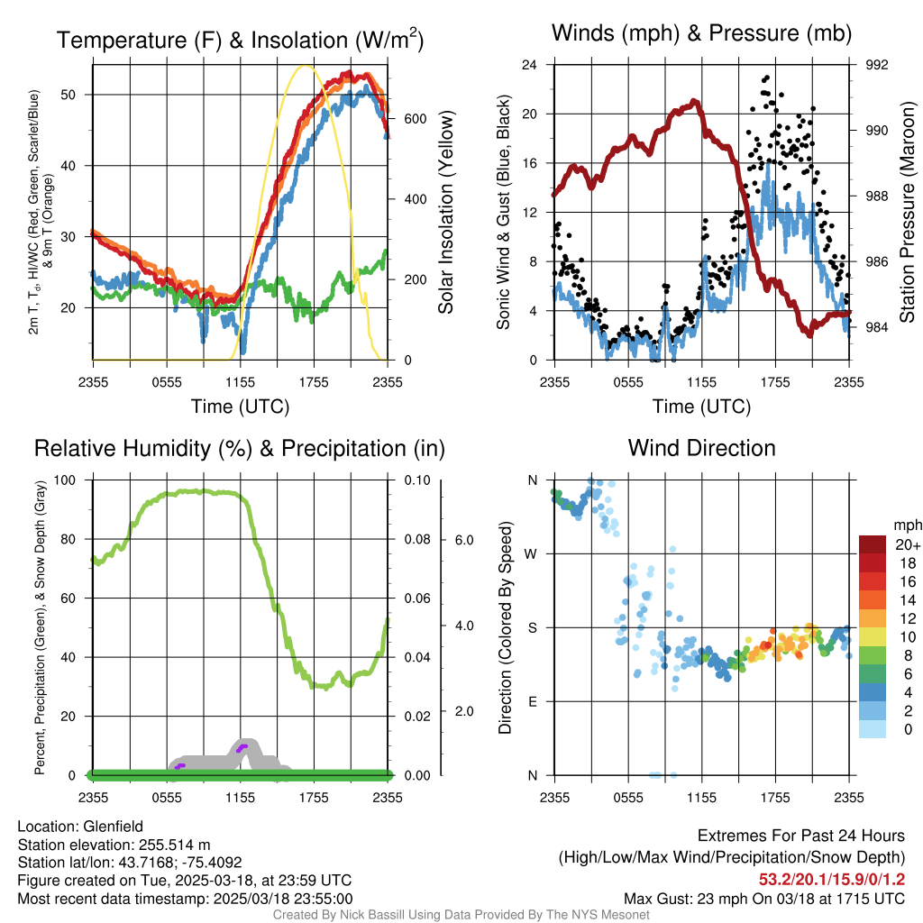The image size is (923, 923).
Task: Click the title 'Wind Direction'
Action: pyautogui.click(x=701, y=447)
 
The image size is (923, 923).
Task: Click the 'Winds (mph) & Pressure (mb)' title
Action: pyautogui.click(x=701, y=33)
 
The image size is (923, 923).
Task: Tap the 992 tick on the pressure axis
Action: pyautogui.click(x=877, y=65)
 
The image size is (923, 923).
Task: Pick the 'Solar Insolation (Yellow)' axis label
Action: pyautogui.click(x=445, y=213)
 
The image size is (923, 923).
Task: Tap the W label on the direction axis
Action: pyautogui.click(x=533, y=553)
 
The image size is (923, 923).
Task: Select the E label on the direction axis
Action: pyautogui.click(x=533, y=701)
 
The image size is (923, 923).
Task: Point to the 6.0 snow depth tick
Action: pyautogui.click(x=462, y=539)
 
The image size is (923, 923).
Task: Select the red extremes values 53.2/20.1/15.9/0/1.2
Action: pyautogui.click(x=831, y=879)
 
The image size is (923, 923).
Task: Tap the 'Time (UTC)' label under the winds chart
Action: pyautogui.click(x=701, y=407)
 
